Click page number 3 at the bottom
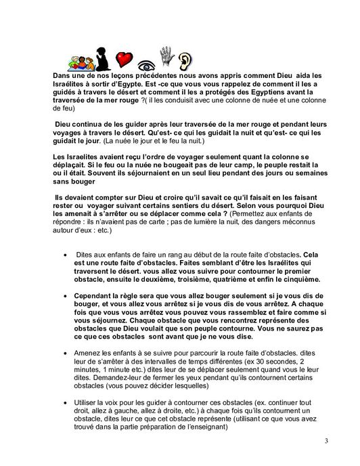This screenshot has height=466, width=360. (x=325, y=442)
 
